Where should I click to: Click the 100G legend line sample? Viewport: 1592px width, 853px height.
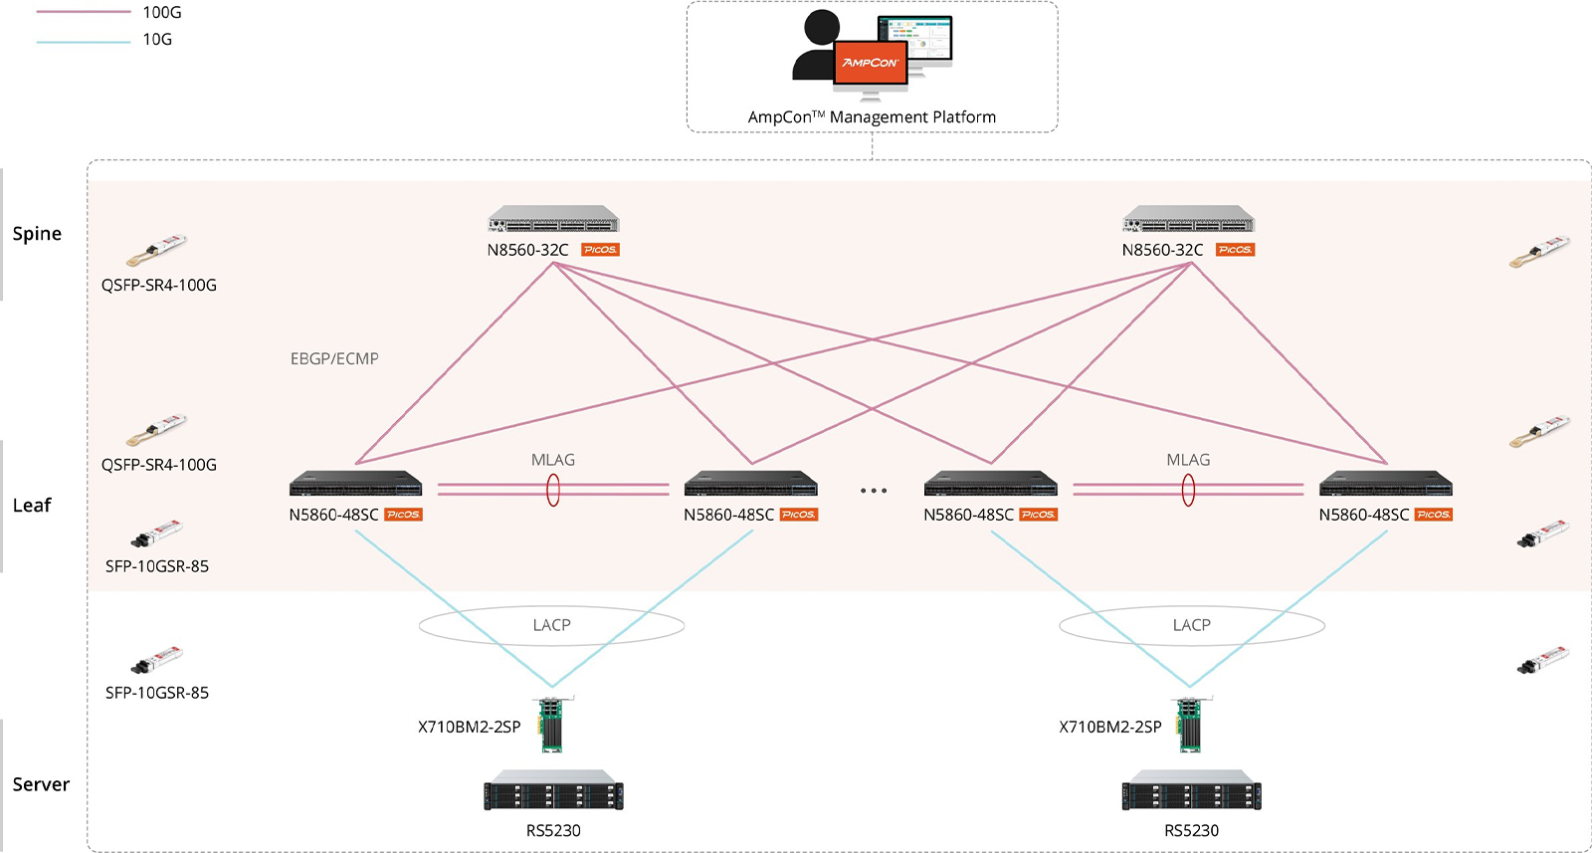pyautogui.click(x=83, y=12)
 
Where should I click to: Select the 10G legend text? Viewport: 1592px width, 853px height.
pyautogui.click(x=157, y=39)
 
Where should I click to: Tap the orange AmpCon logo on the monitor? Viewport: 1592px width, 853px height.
pyautogui.click(x=870, y=63)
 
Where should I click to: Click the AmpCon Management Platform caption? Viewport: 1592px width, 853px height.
pyautogui.click(x=872, y=117)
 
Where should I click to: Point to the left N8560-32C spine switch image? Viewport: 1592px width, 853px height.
pyautogui.click(x=553, y=221)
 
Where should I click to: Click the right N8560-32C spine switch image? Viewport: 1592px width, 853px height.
pyautogui.click(x=1188, y=221)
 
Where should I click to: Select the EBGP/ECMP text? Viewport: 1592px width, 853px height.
pyautogui.click(x=334, y=358)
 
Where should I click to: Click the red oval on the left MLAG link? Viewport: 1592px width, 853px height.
pyautogui.click(x=553, y=490)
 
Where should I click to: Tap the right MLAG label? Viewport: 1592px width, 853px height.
pyautogui.click(x=1188, y=460)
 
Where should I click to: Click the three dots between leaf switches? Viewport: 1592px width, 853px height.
pyautogui.click(x=873, y=491)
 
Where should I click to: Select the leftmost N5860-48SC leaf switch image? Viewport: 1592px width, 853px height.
pyautogui.click(x=355, y=485)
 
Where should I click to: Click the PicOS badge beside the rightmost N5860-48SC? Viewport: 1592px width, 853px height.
pyautogui.click(x=1433, y=515)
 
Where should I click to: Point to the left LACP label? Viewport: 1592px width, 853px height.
pyautogui.click(x=551, y=625)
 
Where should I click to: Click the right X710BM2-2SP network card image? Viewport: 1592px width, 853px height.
pyautogui.click(x=1189, y=725)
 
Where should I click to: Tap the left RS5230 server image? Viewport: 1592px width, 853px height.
pyautogui.click(x=553, y=791)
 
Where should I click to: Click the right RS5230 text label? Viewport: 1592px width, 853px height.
pyautogui.click(x=1191, y=830)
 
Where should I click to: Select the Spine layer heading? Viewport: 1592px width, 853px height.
pyautogui.click(x=37, y=234)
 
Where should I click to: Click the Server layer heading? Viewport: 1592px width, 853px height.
pyautogui.click(x=41, y=784)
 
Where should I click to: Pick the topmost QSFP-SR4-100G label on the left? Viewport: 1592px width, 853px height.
pyautogui.click(x=158, y=285)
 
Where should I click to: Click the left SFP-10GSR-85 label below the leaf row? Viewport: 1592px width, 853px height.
pyautogui.click(x=157, y=693)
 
